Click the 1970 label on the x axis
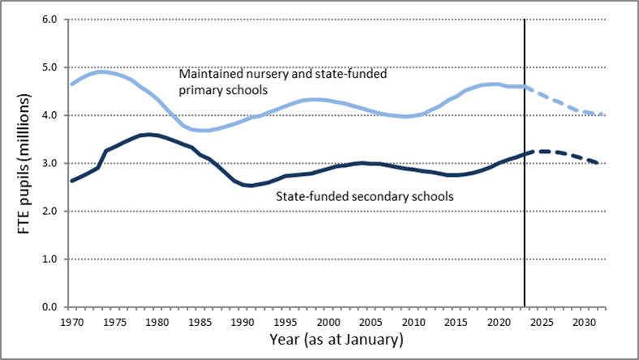click(x=72, y=321)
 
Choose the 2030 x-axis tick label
click(x=582, y=321)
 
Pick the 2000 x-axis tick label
click(x=327, y=321)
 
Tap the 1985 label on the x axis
click(x=199, y=321)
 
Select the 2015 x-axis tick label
click(x=455, y=321)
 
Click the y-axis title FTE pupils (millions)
click(x=28, y=163)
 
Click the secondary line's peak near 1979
click(x=148, y=135)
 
